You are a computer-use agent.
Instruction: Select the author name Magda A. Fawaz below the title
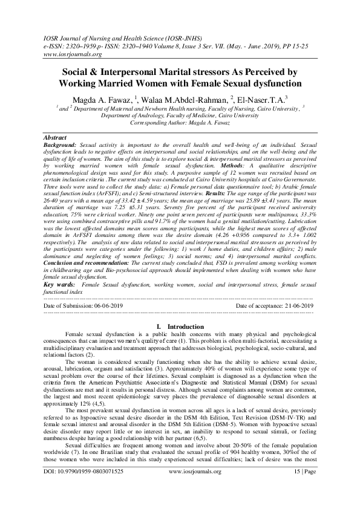coord(103,99)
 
